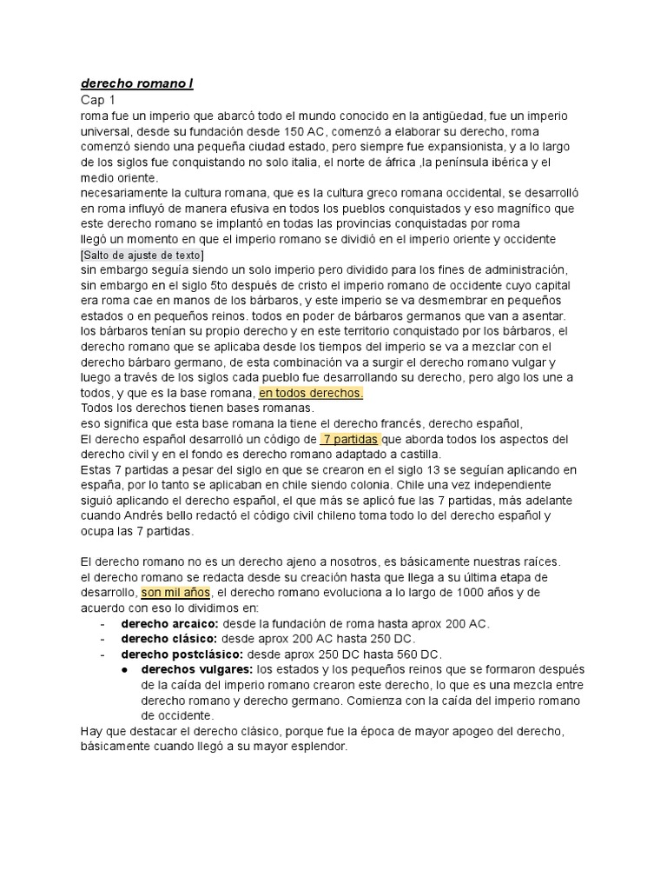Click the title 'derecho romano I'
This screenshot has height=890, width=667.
(x=136, y=84)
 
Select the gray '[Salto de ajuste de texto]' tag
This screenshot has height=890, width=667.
(x=142, y=255)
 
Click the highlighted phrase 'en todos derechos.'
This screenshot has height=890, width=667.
(x=311, y=393)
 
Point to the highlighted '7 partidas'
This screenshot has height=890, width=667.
(x=349, y=439)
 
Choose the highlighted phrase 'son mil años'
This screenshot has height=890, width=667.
(x=176, y=593)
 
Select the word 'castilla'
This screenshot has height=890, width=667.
(x=416, y=455)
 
